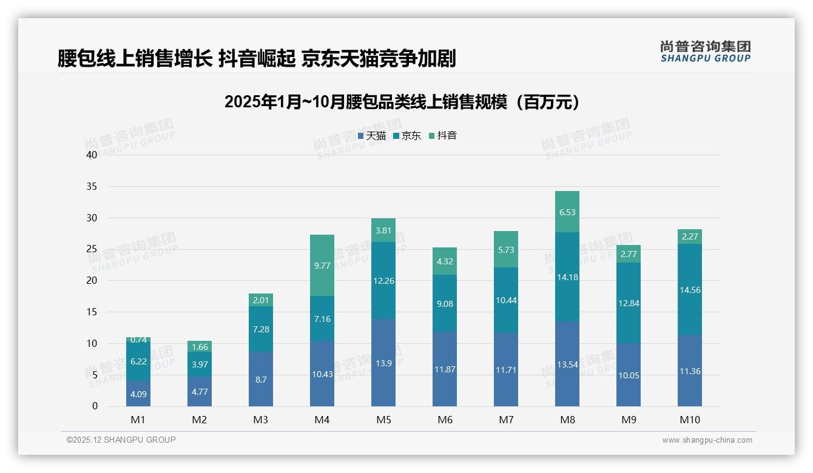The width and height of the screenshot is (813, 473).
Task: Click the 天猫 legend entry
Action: (372, 136)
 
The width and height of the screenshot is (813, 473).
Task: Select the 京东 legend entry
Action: (407, 136)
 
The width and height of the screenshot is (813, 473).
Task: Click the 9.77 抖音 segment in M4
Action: (322, 265)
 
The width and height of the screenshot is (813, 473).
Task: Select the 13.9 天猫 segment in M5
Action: (383, 362)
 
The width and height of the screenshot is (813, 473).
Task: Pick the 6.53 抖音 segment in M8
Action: (567, 212)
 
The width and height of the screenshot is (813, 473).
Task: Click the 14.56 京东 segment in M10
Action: (690, 290)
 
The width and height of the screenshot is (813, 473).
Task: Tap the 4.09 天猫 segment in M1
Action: (138, 394)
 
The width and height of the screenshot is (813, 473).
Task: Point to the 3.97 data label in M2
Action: (200, 364)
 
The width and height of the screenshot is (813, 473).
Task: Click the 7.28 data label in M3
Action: (261, 329)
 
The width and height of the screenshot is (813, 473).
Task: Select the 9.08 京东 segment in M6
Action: (445, 303)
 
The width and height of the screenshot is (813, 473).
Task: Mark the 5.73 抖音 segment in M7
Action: (506, 249)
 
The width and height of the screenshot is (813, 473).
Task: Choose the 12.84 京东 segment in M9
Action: (629, 303)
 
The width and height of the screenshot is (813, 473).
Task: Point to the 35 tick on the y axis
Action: (92, 186)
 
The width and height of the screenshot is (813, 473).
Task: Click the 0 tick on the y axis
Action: (95, 406)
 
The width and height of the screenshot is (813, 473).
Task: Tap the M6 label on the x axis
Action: (445, 420)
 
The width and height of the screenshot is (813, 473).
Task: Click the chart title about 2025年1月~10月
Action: (402, 102)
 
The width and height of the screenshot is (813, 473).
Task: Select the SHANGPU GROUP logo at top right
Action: (706, 52)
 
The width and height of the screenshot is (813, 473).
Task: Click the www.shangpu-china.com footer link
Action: (707, 440)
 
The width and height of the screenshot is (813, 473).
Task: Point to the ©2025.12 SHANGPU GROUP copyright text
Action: (121, 440)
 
